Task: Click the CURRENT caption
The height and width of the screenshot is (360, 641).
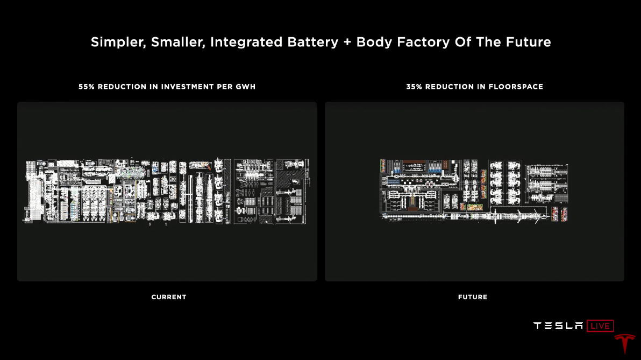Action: (x=169, y=297)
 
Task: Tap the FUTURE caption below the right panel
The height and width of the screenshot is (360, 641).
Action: (x=473, y=297)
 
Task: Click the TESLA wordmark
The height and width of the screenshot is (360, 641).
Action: (x=558, y=326)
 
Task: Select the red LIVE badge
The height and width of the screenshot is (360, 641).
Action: (x=600, y=326)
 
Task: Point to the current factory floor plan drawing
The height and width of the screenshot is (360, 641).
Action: (x=167, y=191)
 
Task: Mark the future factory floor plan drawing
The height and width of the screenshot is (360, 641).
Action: (x=474, y=191)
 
